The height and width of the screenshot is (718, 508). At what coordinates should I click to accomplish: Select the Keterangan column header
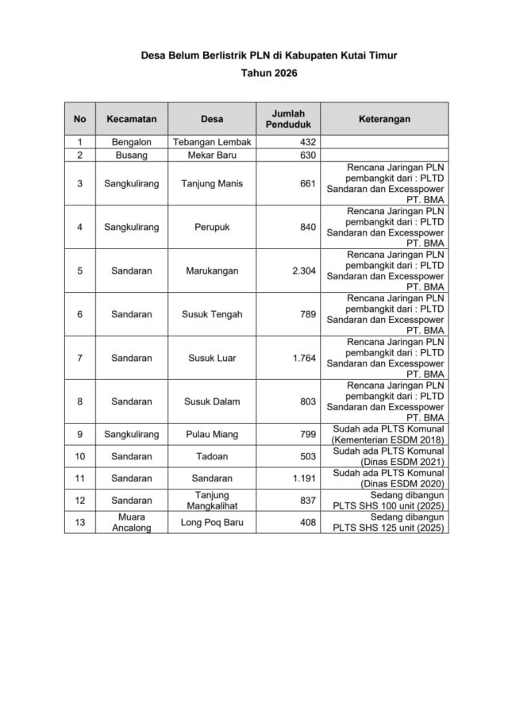pos(384,119)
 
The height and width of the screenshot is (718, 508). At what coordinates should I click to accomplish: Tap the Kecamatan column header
pos(131,119)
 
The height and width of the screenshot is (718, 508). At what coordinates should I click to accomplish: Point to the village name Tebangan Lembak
pos(212,142)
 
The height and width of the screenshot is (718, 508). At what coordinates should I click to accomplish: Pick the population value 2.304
pos(304,271)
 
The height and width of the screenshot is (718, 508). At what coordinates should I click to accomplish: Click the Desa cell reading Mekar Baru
pos(212,156)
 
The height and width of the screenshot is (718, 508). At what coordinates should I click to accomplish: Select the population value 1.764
pos(304,358)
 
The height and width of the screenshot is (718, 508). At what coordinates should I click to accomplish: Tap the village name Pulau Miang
pos(212,434)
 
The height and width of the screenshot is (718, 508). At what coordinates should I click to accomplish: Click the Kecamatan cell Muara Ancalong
pos(131,522)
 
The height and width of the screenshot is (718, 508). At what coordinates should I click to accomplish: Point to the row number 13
pos(79,522)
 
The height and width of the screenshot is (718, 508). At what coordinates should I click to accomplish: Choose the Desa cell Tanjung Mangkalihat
pos(212,500)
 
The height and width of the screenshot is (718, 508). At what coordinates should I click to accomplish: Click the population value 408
pos(307,522)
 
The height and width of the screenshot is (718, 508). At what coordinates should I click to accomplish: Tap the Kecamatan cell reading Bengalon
pos(131,142)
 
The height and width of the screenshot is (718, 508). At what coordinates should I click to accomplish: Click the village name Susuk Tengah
pos(212,314)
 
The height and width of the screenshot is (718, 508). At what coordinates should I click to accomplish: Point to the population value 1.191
pos(304,478)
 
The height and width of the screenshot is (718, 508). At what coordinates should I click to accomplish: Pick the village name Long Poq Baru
pos(212,522)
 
